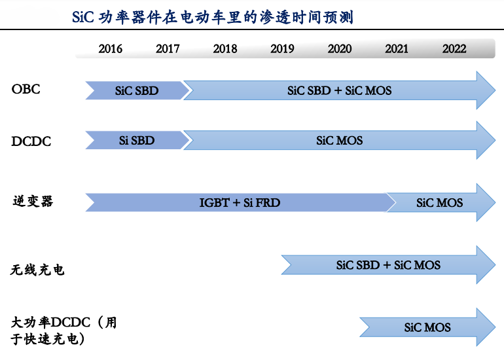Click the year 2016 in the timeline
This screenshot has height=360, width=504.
110,49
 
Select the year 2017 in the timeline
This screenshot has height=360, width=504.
168,49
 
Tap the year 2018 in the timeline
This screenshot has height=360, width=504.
225,49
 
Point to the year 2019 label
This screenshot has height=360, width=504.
282,49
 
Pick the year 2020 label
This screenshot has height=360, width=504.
340,49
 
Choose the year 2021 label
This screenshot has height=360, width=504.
397,49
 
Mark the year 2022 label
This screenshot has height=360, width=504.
454,49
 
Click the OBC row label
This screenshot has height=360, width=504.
26,89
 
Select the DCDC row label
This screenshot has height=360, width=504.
31,141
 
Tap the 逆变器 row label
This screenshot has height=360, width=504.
33,201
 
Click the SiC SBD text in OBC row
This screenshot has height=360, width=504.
137,91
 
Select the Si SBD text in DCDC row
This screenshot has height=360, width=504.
137,141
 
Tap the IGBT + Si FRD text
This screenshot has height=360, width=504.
240,203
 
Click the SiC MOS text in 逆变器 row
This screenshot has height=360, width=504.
440,203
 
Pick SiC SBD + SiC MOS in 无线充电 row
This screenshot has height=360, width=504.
388,265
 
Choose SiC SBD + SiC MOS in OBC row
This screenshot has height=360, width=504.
339,91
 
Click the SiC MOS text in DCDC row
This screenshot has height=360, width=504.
339,141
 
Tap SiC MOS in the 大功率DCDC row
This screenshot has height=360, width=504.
427,327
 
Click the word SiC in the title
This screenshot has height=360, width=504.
84,18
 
